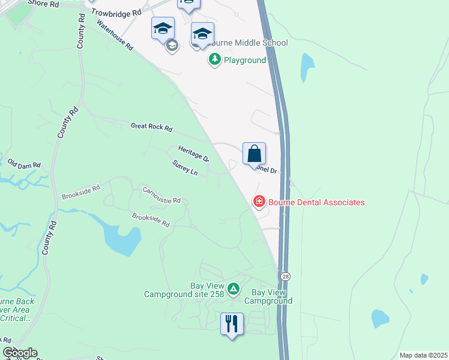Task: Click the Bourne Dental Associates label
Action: [x=316, y=202]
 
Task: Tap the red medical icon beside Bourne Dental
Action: [x=259, y=202]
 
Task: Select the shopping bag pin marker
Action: [x=254, y=154]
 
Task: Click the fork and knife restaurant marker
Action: [x=232, y=324]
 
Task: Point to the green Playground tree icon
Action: [x=215, y=60]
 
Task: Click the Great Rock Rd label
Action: [x=151, y=127]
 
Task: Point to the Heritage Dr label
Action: [x=193, y=154]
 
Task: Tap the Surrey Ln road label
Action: [x=185, y=168]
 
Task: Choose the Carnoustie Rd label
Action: [x=161, y=195]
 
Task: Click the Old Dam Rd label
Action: [x=24, y=164]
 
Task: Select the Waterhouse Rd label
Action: [x=114, y=37]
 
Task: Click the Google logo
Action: [x=20, y=353]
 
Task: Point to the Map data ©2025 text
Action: [x=423, y=355]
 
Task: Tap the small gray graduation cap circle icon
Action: [x=172, y=45]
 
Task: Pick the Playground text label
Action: [x=245, y=60]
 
